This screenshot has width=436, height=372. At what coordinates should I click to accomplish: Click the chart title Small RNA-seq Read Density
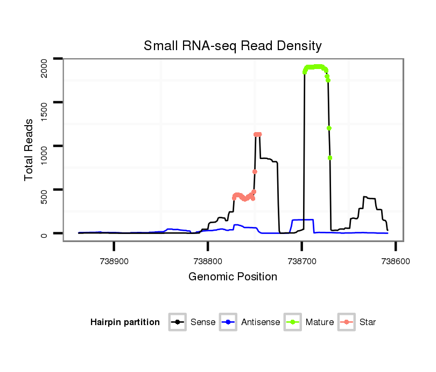[x=233, y=46]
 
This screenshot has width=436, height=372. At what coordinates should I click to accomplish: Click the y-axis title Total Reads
[x=30, y=149]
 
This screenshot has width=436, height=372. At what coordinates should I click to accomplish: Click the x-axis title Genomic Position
[x=233, y=277]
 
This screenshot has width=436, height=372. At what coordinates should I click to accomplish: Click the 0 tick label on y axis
[x=45, y=234]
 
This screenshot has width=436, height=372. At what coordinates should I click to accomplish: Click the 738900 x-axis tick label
[x=114, y=260]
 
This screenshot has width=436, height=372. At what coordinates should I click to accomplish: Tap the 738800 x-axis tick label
[x=208, y=260]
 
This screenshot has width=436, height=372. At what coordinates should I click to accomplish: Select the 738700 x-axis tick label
[x=302, y=260]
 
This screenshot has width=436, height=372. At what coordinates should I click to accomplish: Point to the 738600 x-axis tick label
[x=396, y=260]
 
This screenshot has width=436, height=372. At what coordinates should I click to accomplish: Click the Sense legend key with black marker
[x=178, y=322]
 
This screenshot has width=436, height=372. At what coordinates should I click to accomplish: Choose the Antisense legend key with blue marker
[x=229, y=322]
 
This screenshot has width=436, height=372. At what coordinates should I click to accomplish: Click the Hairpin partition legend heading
[x=125, y=322]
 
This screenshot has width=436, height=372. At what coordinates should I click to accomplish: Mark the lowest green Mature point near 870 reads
[x=330, y=157]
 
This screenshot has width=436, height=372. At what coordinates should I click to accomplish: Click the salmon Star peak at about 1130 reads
[x=257, y=134]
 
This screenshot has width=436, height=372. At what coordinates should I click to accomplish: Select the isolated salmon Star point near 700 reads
[x=255, y=171]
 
